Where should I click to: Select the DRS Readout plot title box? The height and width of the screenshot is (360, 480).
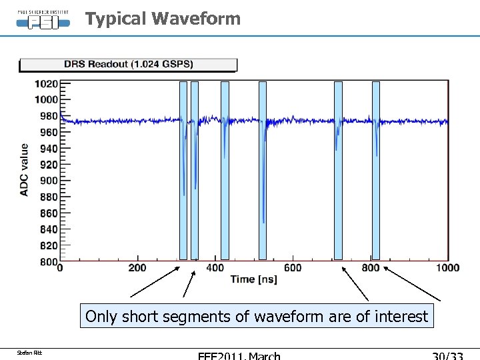point(128,65)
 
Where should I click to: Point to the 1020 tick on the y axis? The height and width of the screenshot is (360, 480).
point(46,84)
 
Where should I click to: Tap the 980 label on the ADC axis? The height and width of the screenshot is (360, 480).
point(49,116)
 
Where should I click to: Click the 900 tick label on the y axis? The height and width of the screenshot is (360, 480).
point(49,181)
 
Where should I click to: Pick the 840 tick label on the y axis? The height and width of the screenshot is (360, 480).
point(49,229)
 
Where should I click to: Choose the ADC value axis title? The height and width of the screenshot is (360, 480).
point(25,169)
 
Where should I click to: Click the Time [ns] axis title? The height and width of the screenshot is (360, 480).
point(253,279)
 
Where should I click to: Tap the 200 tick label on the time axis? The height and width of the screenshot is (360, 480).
point(137,268)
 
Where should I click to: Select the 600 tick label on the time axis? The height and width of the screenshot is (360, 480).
point(292,268)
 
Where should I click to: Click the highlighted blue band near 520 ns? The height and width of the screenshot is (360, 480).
point(263,170)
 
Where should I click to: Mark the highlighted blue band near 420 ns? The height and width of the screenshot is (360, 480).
point(225,170)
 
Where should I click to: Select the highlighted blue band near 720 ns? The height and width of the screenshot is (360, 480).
point(338,170)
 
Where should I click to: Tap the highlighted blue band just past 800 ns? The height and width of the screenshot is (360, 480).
point(376,170)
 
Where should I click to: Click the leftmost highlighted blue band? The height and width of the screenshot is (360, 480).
point(183,170)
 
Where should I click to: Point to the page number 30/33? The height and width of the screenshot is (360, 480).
point(448,355)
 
